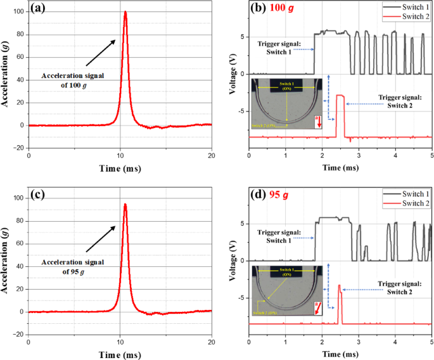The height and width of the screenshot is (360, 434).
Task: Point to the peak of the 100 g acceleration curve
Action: (125, 12)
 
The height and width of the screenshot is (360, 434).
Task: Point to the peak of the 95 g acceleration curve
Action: (125, 204)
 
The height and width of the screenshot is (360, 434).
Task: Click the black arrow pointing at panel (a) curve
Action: (101, 53)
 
